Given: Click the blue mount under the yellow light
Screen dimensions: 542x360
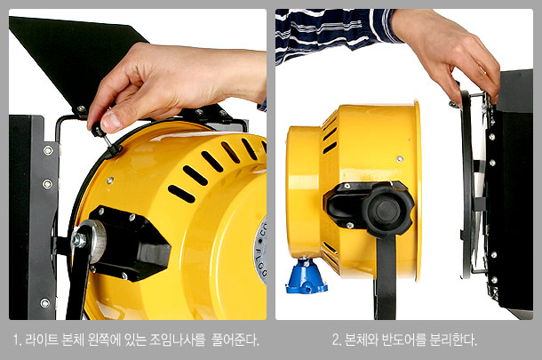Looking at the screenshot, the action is [306, 276].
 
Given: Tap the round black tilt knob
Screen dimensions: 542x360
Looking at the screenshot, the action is [387, 210].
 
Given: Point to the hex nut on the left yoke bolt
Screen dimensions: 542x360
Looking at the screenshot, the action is [79, 239].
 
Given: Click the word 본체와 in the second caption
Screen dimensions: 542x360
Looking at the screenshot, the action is [362, 340].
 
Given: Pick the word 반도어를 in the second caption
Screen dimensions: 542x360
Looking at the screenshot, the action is [403, 340].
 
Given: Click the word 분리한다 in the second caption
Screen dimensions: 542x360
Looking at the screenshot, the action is [453, 340].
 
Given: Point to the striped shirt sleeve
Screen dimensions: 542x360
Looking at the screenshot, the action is [335, 32].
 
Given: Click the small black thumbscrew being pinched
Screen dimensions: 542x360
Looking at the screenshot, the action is [98, 132].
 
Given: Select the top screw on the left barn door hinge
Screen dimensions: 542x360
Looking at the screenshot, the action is [48, 150].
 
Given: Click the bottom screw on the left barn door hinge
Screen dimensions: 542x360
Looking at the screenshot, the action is [45, 303].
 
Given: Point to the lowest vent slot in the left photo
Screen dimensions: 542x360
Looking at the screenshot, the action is [181, 194].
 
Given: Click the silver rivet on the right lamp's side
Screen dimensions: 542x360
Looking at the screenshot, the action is [400, 159].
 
